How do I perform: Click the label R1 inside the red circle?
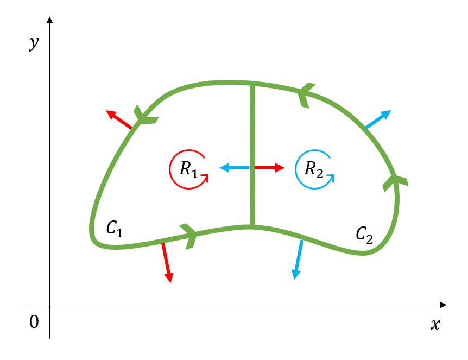[188, 169]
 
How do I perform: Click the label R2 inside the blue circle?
[314, 169]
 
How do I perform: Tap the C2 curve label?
[364, 235]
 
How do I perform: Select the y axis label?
[34, 43]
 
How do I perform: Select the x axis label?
[434, 325]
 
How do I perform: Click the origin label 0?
[34, 322]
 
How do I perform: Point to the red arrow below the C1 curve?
[167, 262]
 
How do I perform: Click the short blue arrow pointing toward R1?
[235, 168]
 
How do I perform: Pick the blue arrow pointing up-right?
[378, 119]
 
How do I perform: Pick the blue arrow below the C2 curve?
[298, 260]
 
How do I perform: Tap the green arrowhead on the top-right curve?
[306, 94]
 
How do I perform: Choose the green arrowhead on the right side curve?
[394, 182]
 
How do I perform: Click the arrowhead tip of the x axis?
[445, 305]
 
